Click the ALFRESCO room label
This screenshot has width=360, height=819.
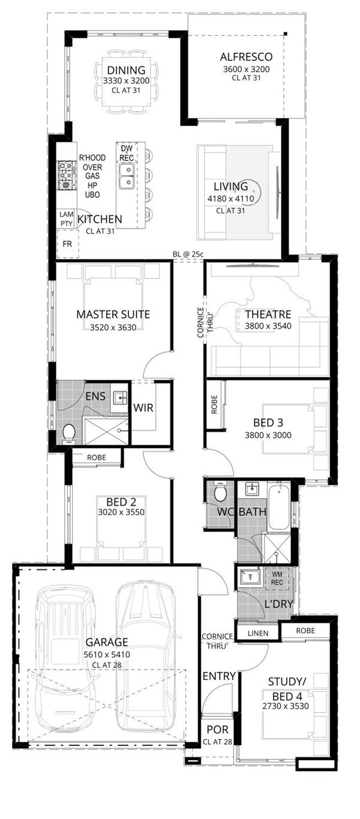pyautogui.click(x=246, y=57)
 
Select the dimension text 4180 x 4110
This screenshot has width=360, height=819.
pyautogui.click(x=231, y=199)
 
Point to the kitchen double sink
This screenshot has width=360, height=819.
pyautogui.click(x=126, y=175)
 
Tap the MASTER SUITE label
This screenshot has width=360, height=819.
pyautogui.click(x=113, y=314)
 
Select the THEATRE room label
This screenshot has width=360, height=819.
pyautogui.click(x=268, y=314)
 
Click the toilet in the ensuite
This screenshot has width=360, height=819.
pyautogui.click(x=68, y=432)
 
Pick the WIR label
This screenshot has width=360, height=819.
pyautogui.click(x=144, y=408)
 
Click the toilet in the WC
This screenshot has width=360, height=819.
pyautogui.click(x=220, y=493)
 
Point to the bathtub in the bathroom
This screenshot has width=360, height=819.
pyautogui.click(x=278, y=507)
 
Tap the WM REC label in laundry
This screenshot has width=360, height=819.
pyautogui.click(x=277, y=578)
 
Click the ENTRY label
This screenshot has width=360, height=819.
pyautogui.click(x=219, y=676)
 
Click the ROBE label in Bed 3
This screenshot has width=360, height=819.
pyautogui.click(x=214, y=407)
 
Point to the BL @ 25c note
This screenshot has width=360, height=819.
pyautogui.click(x=188, y=254)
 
